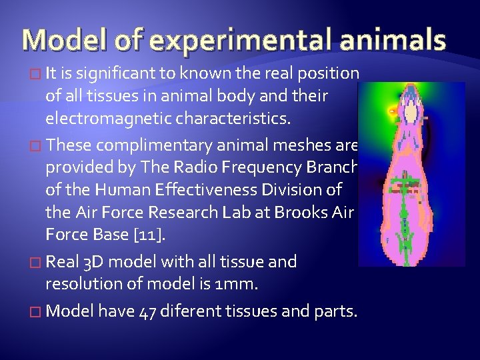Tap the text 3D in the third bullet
(x=93, y=262)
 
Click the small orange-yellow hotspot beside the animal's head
(x=393, y=107)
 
